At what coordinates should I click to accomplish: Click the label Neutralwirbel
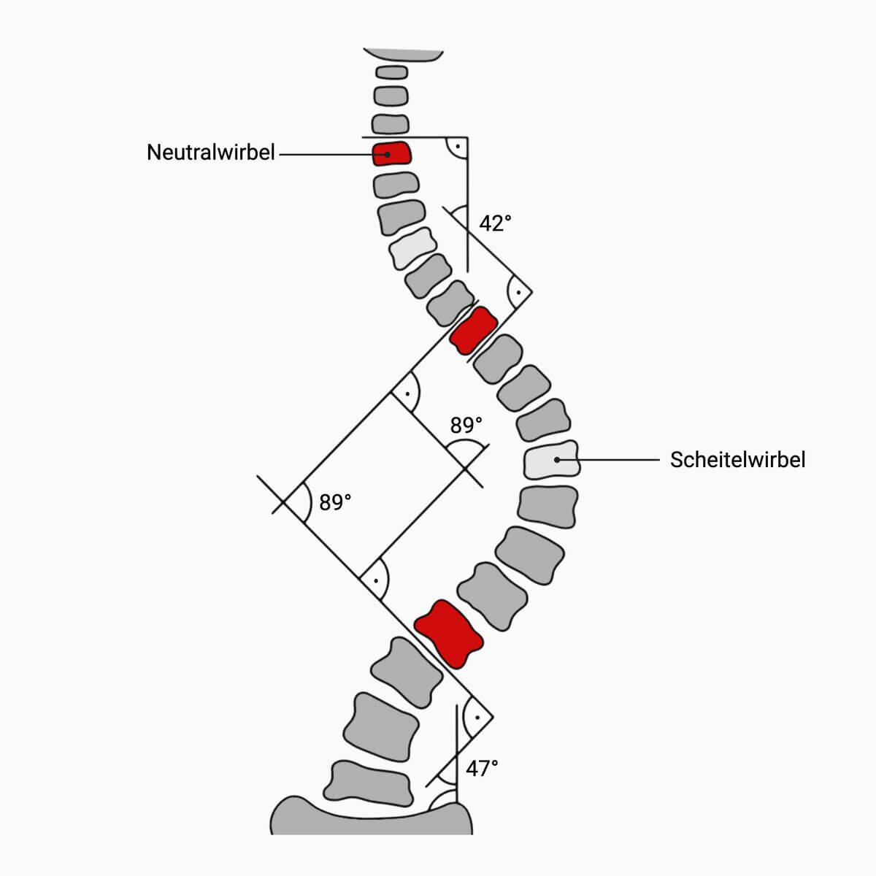[210, 153]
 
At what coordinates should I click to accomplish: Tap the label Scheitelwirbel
[737, 460]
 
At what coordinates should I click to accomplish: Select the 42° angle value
[495, 223]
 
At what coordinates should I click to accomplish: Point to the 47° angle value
[482, 768]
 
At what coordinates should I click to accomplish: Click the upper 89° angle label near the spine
[466, 425]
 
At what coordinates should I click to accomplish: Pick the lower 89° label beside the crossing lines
[335, 502]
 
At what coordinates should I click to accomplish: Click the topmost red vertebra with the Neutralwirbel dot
[391, 153]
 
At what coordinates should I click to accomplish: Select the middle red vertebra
[474, 331]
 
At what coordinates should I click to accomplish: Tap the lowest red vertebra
[449, 634]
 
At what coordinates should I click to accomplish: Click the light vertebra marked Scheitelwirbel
[552, 460]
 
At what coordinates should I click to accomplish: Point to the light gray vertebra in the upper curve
[412, 248]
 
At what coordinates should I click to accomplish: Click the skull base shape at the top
[403, 55]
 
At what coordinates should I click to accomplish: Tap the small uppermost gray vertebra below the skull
[391, 72]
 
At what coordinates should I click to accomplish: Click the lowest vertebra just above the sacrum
[368, 784]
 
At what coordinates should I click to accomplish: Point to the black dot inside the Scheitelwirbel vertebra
[557, 460]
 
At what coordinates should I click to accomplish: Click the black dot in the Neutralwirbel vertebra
[387, 154]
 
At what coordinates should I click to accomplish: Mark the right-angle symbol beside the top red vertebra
[456, 147]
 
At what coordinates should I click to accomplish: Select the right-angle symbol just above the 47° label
[477, 718]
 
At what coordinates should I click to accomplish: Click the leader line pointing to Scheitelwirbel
[608, 460]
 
